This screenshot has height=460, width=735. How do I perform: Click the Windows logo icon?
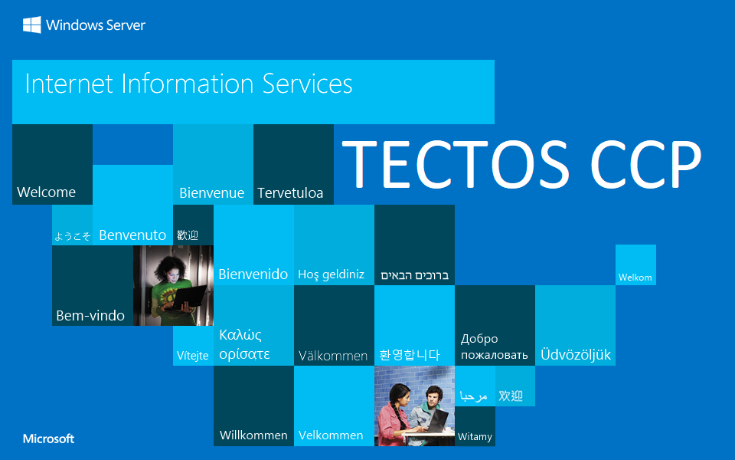click(x=31, y=25)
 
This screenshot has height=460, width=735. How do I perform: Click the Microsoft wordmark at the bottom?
click(x=49, y=439)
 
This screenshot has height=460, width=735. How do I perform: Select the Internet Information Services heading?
click(x=188, y=84)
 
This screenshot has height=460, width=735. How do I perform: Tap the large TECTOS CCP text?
click(x=521, y=165)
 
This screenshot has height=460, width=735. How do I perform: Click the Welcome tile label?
click(x=47, y=192)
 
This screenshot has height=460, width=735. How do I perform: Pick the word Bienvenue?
click(x=211, y=193)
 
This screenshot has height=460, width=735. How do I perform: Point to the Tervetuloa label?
click(x=290, y=193)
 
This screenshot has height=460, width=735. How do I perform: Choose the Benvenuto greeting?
click(x=132, y=235)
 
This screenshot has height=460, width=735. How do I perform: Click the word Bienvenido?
click(x=253, y=274)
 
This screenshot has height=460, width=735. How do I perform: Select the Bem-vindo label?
click(x=90, y=316)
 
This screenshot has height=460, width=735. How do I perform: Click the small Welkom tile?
click(x=635, y=278)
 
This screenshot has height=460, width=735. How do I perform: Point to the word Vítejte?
click(x=193, y=356)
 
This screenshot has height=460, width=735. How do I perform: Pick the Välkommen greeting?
click(x=333, y=356)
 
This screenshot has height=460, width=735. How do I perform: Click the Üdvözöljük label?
click(x=576, y=355)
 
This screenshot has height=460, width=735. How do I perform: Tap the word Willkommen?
click(x=253, y=435)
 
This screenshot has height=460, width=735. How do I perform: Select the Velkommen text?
click(x=331, y=435)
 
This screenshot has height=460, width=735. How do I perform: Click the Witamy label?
click(x=475, y=437)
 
